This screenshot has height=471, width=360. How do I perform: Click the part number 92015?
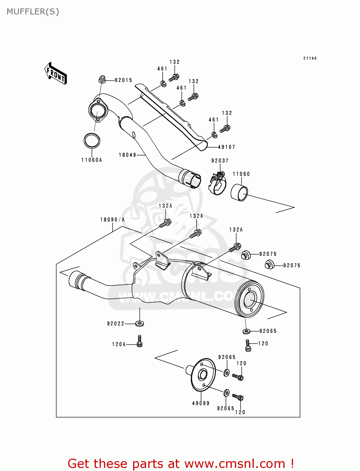tap(123, 80)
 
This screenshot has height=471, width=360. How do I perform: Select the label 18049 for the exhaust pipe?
tap(127, 155)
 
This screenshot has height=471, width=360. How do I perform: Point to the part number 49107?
tap(226, 147)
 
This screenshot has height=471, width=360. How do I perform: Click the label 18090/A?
tap(112, 220)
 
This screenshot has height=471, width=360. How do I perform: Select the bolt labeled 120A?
tap(139, 341)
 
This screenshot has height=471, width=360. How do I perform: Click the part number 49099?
tap(201, 403)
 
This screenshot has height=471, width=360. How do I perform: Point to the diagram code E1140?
tap(310, 58)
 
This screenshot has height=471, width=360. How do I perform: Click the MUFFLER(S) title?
tap(33, 12)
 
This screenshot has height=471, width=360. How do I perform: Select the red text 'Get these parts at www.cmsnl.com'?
tap(181, 463)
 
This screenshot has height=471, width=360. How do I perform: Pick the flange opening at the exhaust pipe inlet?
tap(97, 111)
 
